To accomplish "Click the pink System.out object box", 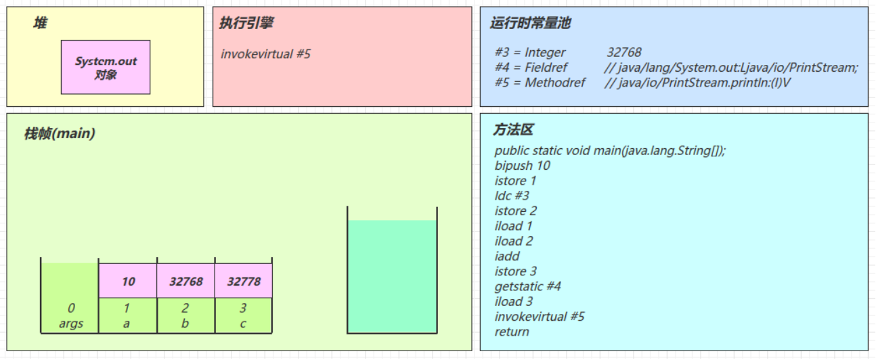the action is click(106, 67).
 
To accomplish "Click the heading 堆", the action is click(40, 23).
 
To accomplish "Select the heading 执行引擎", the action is click(246, 23).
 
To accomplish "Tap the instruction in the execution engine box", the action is click(265, 54).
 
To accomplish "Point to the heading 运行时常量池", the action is click(531, 23).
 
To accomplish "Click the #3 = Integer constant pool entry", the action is click(568, 52).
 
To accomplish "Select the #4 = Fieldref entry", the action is click(676, 68).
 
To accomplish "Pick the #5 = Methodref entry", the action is click(642, 83).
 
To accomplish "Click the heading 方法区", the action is click(513, 129).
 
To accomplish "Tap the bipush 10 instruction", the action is click(523, 166).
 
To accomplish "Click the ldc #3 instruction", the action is click(512, 196).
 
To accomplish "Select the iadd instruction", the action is click(507, 256).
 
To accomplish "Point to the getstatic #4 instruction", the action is click(528, 286).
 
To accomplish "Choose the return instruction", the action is click(512, 332).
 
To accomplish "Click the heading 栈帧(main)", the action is click(60, 134).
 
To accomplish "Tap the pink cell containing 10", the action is click(128, 281).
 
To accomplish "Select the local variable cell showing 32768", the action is click(185, 281).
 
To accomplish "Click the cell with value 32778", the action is click(244, 281).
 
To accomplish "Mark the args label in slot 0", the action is click(71, 323).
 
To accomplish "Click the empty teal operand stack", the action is click(392, 276).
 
